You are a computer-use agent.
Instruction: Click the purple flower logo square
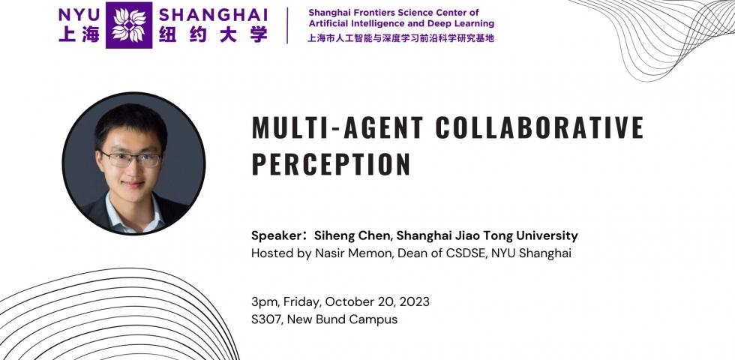pyautogui.click(x=128, y=25)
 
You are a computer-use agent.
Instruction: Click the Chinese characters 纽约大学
pyautogui.click(x=213, y=34)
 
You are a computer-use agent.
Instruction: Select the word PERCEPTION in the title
pyautogui.click(x=331, y=163)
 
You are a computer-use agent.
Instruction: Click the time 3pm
pyautogui.click(x=264, y=301)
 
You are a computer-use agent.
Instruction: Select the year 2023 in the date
pyautogui.click(x=414, y=301)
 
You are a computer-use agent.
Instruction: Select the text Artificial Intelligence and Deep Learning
pyautogui.click(x=401, y=24)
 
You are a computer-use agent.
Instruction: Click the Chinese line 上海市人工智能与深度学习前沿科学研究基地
pyautogui.click(x=401, y=38)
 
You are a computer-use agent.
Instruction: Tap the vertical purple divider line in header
pyautogui.click(x=289, y=25)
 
